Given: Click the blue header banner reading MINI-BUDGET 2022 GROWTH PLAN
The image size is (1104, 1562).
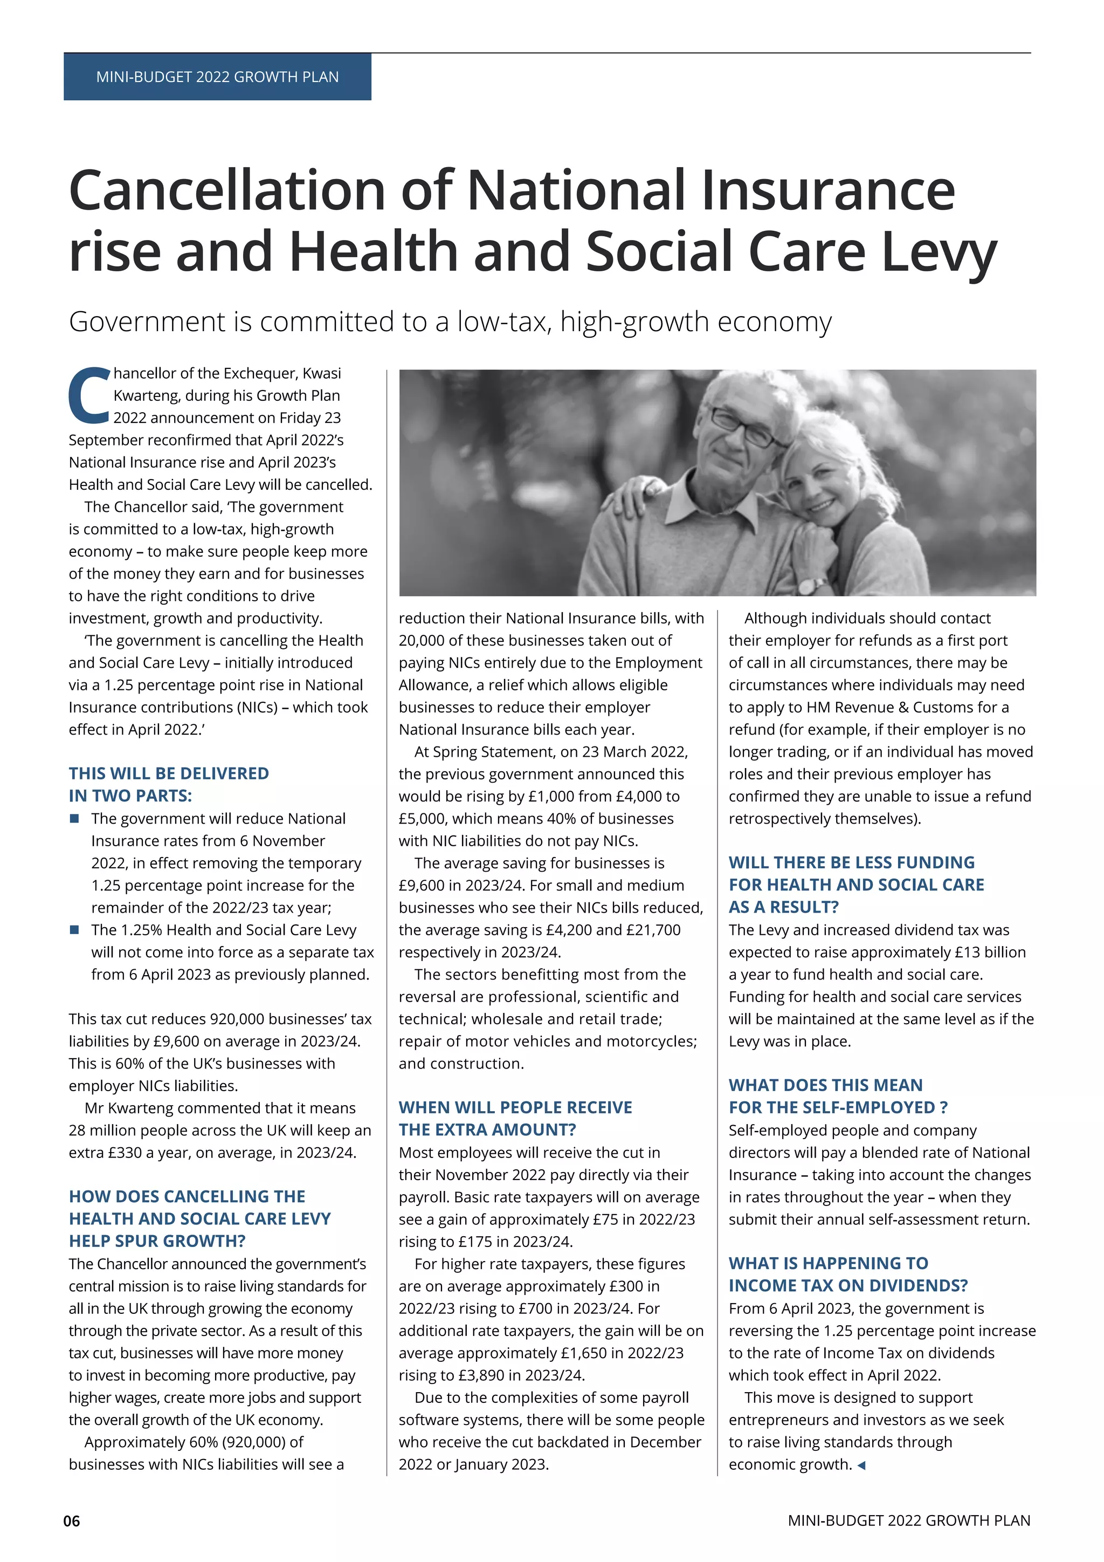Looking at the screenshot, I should point(218,77).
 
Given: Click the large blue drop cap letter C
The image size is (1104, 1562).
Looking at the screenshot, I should point(89,395).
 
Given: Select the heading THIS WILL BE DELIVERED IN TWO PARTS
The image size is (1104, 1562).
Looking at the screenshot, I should point(169,784).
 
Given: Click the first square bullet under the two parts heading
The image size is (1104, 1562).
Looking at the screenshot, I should point(75,818).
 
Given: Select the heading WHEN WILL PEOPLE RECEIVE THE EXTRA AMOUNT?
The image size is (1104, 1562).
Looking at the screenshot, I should point(515,1119).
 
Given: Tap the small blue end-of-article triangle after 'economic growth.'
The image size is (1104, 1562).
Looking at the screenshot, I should point(861,1465).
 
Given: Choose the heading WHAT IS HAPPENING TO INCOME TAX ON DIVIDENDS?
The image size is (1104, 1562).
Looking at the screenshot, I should point(848,1274).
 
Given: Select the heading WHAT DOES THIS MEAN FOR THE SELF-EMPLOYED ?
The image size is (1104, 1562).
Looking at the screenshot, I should point(838,1096).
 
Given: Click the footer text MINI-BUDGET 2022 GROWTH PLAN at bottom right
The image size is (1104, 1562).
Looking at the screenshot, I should point(909,1520).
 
